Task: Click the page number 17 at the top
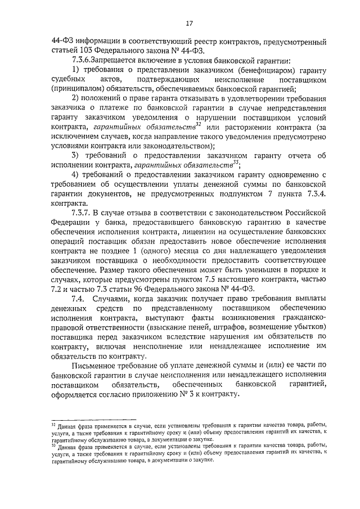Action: point(189,23)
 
